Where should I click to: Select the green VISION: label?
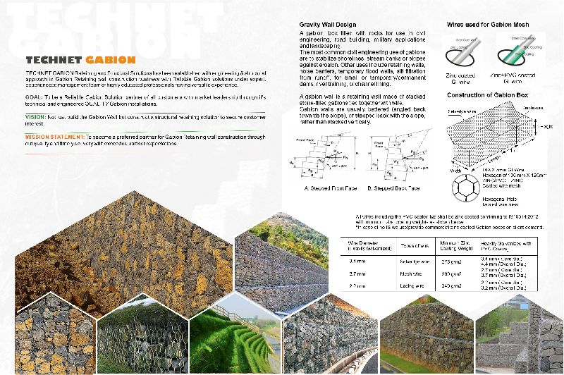click(35, 116)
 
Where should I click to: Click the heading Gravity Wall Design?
click(330, 25)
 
